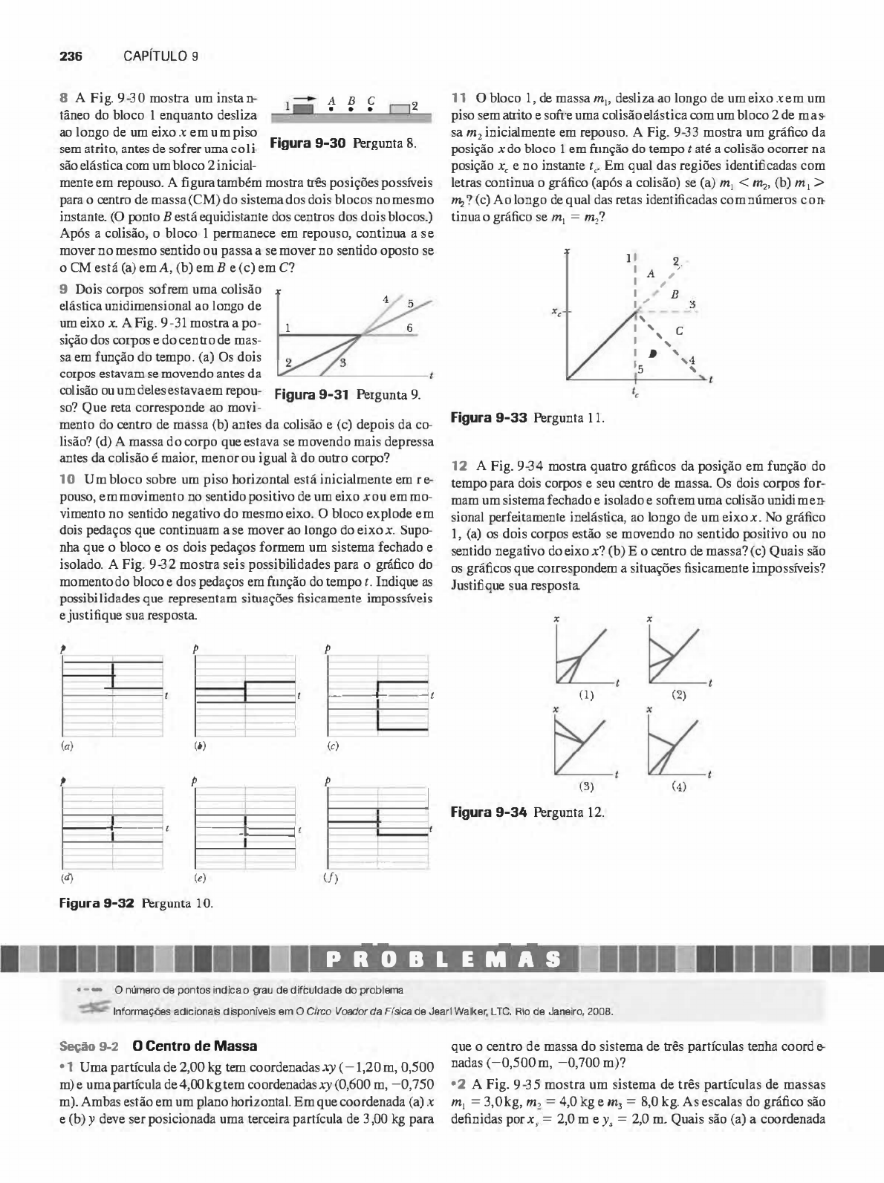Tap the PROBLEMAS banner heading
443,959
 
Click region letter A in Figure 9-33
651,273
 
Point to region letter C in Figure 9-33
679,330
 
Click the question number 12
460,466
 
